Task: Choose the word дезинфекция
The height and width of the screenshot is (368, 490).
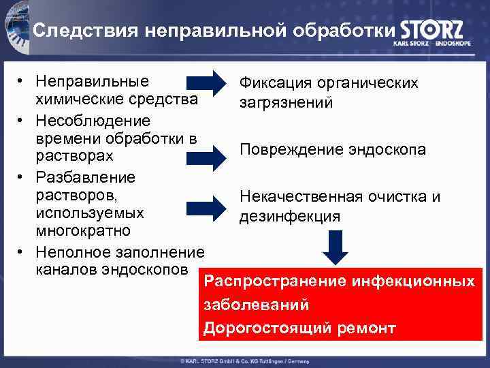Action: point(289,217)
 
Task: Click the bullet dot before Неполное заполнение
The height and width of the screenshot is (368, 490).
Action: point(22,251)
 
